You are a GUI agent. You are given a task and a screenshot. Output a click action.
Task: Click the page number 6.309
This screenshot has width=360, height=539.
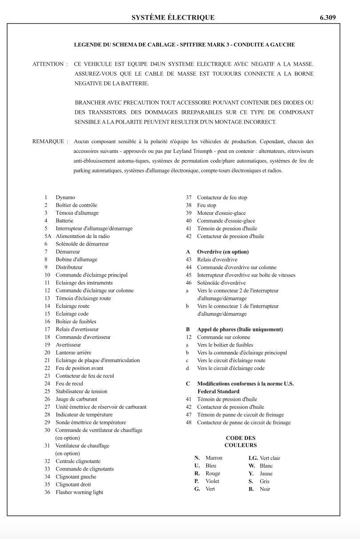327,18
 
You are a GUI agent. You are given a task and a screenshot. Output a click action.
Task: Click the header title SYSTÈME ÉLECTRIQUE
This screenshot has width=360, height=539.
173,18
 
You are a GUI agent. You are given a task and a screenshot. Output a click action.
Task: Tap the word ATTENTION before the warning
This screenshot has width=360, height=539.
48,64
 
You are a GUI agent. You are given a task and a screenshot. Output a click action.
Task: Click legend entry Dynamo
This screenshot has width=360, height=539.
65,197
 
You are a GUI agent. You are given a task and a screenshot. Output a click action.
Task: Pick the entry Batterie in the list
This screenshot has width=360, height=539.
64,221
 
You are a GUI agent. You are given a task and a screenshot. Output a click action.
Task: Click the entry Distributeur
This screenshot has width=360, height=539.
69,267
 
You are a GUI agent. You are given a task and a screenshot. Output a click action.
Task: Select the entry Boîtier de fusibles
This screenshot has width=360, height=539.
76,322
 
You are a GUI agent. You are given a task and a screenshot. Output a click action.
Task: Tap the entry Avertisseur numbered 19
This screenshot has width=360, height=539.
68,345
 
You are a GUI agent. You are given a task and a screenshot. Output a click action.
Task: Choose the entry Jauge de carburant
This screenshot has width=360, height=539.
76,399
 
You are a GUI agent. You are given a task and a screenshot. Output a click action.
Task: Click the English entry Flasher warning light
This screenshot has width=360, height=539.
79,492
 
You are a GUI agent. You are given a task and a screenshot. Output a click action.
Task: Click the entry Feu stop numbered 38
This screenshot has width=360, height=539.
207,205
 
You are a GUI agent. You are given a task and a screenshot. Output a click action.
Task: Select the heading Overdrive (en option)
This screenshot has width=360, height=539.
223,252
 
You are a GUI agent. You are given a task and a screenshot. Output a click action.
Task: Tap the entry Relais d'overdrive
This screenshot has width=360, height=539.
217,260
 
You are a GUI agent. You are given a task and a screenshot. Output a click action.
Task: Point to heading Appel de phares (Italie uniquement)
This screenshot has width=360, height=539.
240,330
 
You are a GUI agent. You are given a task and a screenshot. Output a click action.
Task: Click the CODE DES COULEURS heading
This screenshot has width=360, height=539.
240,442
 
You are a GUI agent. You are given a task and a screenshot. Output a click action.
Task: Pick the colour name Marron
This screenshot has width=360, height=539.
214,458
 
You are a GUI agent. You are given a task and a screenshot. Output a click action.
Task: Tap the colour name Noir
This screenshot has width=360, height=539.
265,489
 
